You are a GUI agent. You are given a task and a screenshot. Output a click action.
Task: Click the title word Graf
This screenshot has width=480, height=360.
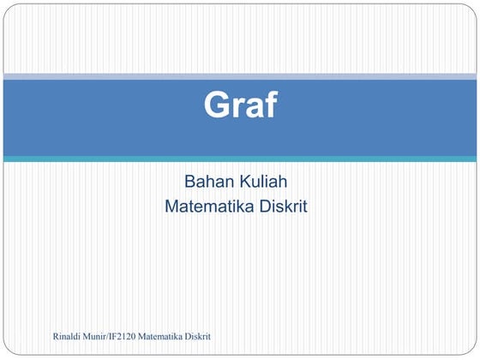(x=240, y=106)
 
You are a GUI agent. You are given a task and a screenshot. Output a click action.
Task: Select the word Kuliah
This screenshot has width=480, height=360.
(x=267, y=182)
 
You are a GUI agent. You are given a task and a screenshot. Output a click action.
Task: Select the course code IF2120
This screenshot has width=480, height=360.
(x=136, y=343)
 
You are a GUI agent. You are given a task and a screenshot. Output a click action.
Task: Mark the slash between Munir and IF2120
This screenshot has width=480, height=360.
(x=118, y=343)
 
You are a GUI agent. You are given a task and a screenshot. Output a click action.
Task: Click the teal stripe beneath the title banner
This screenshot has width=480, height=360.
(x=240, y=159)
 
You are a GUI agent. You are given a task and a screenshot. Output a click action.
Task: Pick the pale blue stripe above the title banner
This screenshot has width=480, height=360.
(x=240, y=77)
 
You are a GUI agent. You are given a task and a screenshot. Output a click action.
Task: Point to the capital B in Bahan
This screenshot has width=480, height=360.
(x=190, y=182)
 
